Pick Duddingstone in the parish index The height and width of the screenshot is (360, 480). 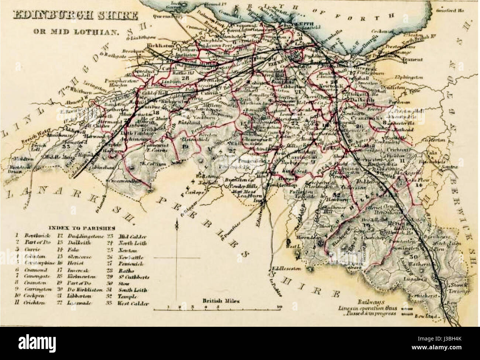(81, 236)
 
